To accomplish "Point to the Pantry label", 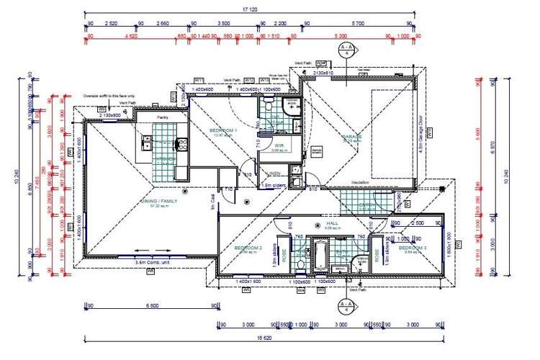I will click(x=163, y=116).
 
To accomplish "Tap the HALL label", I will click(x=332, y=224).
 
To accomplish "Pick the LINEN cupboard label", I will click(x=274, y=174).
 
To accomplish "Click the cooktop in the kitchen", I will click(x=181, y=143).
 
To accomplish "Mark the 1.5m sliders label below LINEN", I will click(x=275, y=185).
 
